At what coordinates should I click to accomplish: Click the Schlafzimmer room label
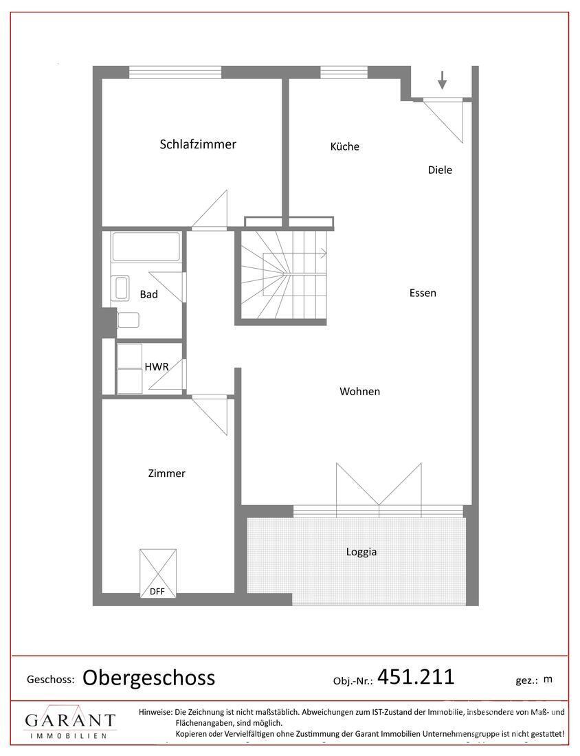click(x=198, y=144)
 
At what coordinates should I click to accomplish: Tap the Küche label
click(x=344, y=146)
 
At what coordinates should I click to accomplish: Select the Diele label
click(x=440, y=170)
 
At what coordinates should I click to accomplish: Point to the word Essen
click(x=423, y=293)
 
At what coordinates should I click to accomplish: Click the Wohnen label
click(x=359, y=392)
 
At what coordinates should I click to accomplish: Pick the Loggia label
click(x=361, y=551)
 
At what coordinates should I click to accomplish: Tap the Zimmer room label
click(x=166, y=474)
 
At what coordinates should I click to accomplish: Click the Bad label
click(x=148, y=294)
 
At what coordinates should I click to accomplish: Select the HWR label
click(x=156, y=367)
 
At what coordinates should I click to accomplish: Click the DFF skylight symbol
click(x=157, y=572)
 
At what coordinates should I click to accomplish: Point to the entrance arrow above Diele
click(x=442, y=80)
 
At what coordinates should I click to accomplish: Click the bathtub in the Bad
click(x=146, y=246)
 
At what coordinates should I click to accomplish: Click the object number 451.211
click(x=416, y=677)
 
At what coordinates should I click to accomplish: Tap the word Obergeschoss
click(x=148, y=678)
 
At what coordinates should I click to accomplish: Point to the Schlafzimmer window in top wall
click(x=175, y=72)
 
